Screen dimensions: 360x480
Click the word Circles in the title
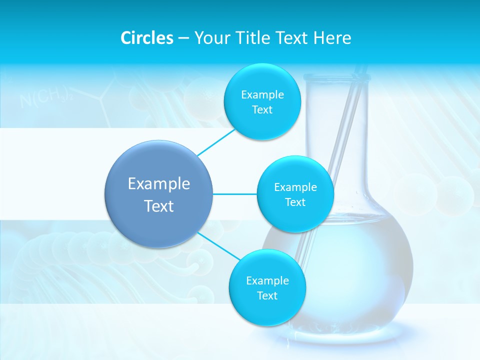[146, 38]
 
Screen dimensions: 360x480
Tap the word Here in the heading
[332, 38]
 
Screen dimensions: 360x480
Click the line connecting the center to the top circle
[216, 142]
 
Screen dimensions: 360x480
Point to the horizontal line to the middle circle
[235, 194]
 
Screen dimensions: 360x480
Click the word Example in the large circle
[159, 184]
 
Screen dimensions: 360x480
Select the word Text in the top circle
[262, 110]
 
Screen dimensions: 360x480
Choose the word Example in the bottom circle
[267, 280]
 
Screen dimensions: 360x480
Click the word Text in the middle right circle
[295, 202]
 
